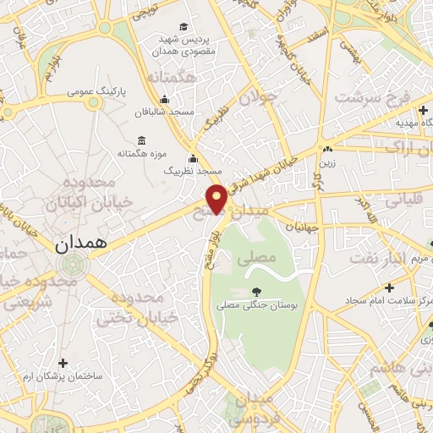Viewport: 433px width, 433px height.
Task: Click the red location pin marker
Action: [x=217, y=199]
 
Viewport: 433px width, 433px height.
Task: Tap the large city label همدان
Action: [x=81, y=245]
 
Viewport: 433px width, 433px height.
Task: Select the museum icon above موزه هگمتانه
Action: [x=140, y=140]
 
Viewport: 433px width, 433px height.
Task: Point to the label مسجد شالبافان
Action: [x=168, y=111]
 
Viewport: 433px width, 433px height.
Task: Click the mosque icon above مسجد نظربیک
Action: [x=193, y=157]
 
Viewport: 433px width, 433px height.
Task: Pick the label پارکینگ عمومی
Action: [x=96, y=90]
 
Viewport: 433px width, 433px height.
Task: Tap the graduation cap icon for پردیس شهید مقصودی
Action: [x=184, y=27]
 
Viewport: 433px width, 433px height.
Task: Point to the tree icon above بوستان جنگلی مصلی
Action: [x=256, y=292]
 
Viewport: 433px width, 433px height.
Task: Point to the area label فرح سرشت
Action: [x=371, y=96]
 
